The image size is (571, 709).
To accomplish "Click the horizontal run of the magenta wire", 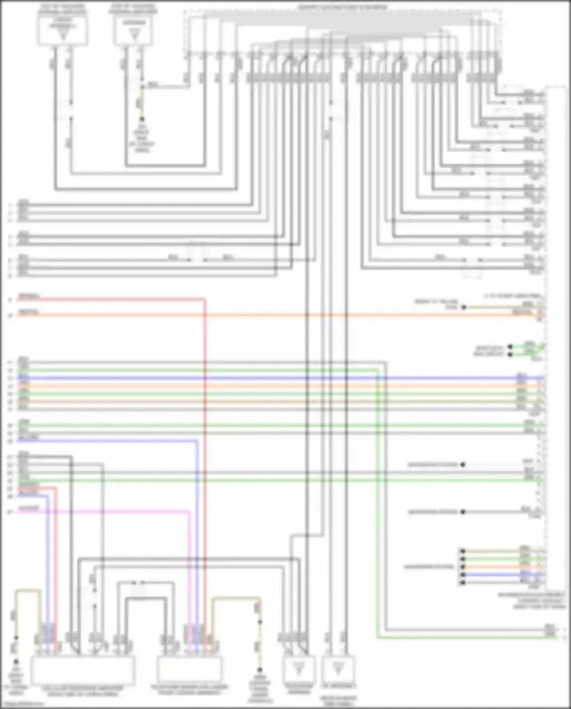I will (x=114, y=512).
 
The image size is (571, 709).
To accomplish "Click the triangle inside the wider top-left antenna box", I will (x=63, y=35).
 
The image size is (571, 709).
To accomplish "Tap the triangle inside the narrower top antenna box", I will (x=134, y=35).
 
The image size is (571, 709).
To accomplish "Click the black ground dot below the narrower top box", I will (x=142, y=119).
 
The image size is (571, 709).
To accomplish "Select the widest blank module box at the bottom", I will (x=82, y=670).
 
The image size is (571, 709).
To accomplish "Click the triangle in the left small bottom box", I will (x=299, y=668).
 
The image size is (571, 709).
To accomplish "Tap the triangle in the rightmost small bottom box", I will (x=338, y=668).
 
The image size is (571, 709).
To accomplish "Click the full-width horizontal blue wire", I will (x=266, y=378).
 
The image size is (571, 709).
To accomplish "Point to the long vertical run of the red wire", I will (x=205, y=457).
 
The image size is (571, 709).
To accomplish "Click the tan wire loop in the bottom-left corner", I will (x=28, y=591).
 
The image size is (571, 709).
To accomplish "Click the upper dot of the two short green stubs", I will (x=510, y=346).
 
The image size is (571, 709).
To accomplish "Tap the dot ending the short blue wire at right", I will (x=463, y=575).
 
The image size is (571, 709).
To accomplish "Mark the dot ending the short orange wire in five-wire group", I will (x=463, y=567).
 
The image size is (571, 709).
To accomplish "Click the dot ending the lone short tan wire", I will (x=464, y=307).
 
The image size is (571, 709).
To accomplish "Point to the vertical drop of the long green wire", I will (x=378, y=495).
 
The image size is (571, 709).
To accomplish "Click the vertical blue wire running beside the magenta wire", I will (x=197, y=533).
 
